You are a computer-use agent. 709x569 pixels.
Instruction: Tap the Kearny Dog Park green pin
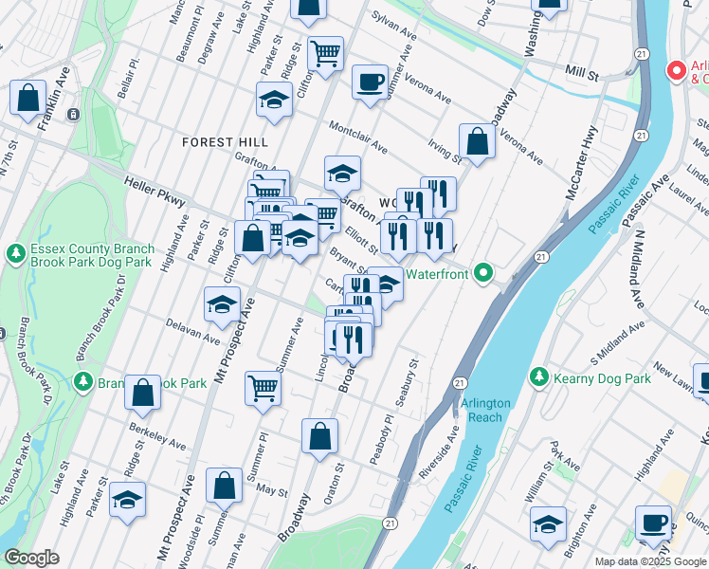point(539,377)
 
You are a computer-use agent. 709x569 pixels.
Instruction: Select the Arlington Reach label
point(485,410)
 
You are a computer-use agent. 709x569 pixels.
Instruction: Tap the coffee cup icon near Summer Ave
point(370,81)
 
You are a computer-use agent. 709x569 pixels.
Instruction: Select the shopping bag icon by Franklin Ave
point(28,97)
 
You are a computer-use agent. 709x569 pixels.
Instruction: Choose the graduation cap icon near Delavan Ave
point(222,304)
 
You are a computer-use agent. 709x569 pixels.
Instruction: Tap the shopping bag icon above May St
point(224,486)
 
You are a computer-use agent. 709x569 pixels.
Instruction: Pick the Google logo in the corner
point(32,558)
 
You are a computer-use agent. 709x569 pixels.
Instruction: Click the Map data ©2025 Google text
point(650,561)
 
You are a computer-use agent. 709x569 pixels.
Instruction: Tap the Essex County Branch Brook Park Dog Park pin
point(15,254)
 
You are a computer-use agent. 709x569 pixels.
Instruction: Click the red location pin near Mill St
point(676,71)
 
